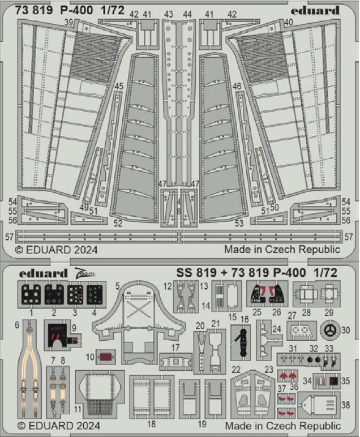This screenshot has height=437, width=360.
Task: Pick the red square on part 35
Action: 333,381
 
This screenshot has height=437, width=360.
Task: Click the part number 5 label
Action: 117,286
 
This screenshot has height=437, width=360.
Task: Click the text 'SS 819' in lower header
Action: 196,273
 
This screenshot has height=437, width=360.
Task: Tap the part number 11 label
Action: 78,408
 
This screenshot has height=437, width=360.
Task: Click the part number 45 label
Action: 118,85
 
